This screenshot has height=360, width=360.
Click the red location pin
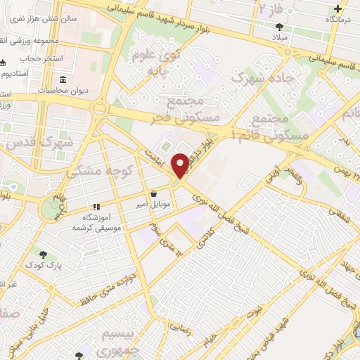pos(181,165)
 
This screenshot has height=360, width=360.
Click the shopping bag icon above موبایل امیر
pos(153,193)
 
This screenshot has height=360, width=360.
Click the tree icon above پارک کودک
pos(44,255)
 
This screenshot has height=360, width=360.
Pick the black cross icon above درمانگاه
pos(339,8)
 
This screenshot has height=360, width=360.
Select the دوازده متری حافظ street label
pos(112,281)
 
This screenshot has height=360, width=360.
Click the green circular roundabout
pos(51,207)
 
